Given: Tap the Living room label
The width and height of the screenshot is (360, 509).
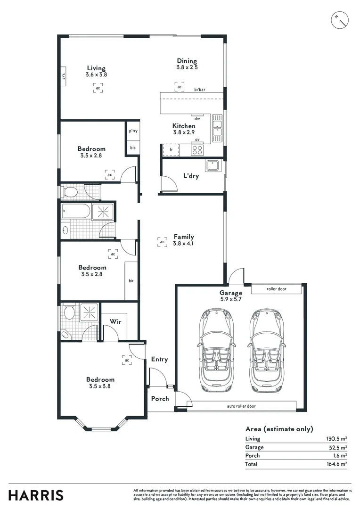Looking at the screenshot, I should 96,68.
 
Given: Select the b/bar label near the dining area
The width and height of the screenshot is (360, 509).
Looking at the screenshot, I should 200,90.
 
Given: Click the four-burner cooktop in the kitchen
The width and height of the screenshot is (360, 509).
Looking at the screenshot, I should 197,150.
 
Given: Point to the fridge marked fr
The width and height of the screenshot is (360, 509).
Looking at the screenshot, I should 171,150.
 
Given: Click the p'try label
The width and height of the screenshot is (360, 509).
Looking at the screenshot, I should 133,131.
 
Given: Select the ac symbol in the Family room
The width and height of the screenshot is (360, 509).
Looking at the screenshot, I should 162,242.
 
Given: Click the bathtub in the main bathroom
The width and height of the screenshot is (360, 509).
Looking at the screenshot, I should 75,212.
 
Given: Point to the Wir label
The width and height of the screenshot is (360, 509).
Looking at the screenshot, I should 116,321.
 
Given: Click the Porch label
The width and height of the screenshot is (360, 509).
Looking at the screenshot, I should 160,399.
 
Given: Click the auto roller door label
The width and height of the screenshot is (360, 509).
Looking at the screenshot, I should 242,406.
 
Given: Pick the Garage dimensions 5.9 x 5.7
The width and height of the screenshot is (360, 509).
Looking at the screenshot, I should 230,299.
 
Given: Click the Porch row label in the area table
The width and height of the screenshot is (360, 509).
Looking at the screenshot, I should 252,456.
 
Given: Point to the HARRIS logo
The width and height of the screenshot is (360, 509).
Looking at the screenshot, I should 36,495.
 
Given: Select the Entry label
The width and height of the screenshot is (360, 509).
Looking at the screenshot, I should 159,359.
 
